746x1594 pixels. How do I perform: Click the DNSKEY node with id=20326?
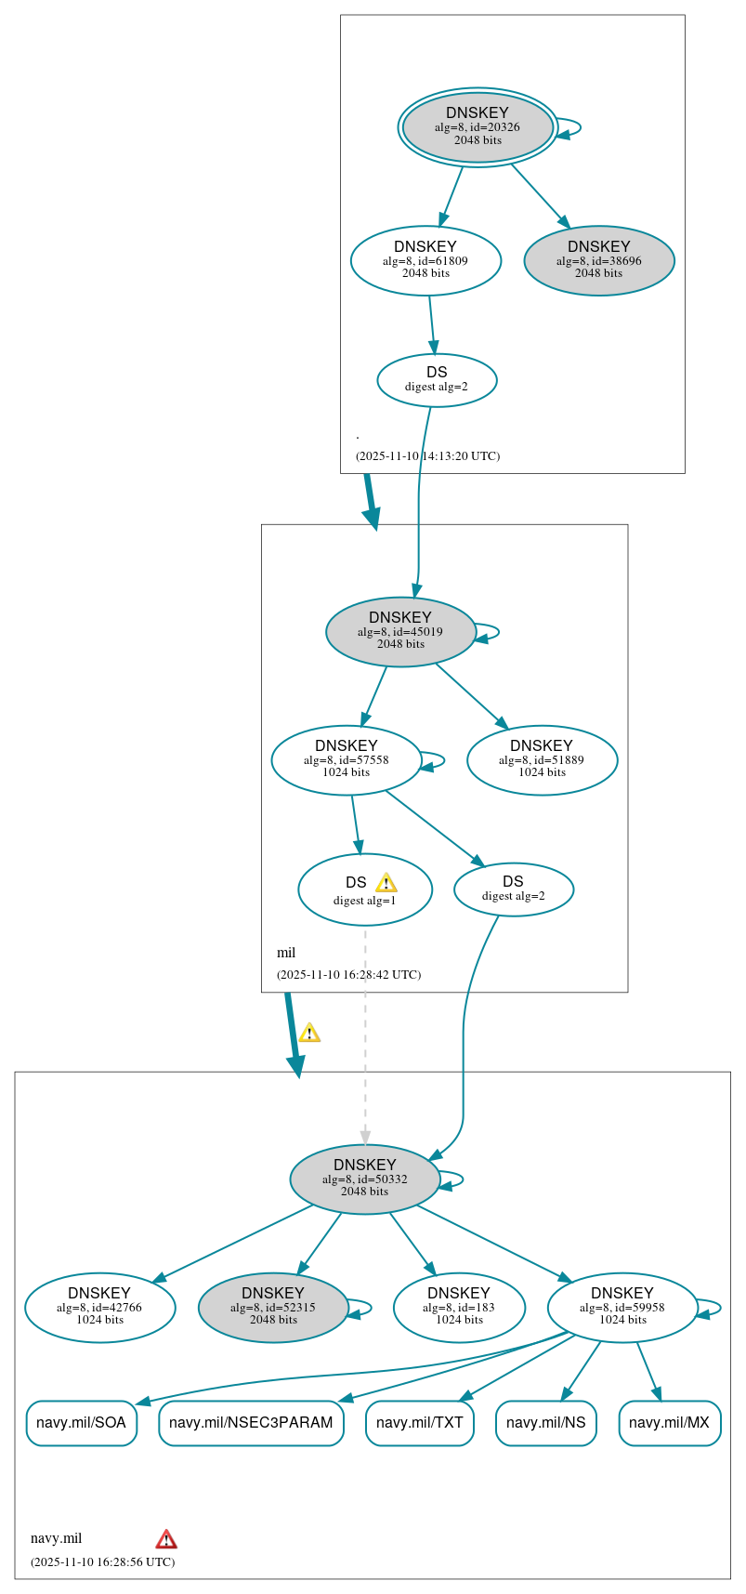click(x=478, y=127)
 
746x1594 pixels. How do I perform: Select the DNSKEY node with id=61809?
click(x=425, y=260)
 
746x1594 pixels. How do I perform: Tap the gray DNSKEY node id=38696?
click(x=599, y=260)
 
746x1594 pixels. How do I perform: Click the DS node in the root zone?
click(x=437, y=379)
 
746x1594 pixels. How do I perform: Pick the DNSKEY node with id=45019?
click(x=400, y=631)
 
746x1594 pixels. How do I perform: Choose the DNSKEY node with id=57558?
click(x=347, y=759)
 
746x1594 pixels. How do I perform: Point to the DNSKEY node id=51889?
click(x=542, y=759)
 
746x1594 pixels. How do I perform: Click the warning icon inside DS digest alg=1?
click(x=386, y=883)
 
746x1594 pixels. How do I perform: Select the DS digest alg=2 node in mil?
click(x=514, y=889)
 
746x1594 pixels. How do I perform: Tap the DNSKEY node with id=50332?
click(x=365, y=1179)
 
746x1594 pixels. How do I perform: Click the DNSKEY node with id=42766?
click(x=100, y=1307)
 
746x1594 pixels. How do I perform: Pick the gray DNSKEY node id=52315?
click(x=273, y=1307)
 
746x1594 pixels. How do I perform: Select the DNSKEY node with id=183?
click(x=459, y=1307)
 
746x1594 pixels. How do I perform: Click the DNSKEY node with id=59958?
click(x=622, y=1307)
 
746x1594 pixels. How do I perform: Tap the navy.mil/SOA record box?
click(x=82, y=1422)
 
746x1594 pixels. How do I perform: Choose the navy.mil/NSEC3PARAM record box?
click(x=251, y=1422)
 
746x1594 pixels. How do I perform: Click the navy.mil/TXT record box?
click(x=420, y=1422)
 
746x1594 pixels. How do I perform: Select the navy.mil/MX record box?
click(x=669, y=1422)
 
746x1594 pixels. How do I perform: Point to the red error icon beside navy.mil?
click(x=166, y=1538)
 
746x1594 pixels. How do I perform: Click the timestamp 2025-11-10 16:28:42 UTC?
click(x=348, y=974)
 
